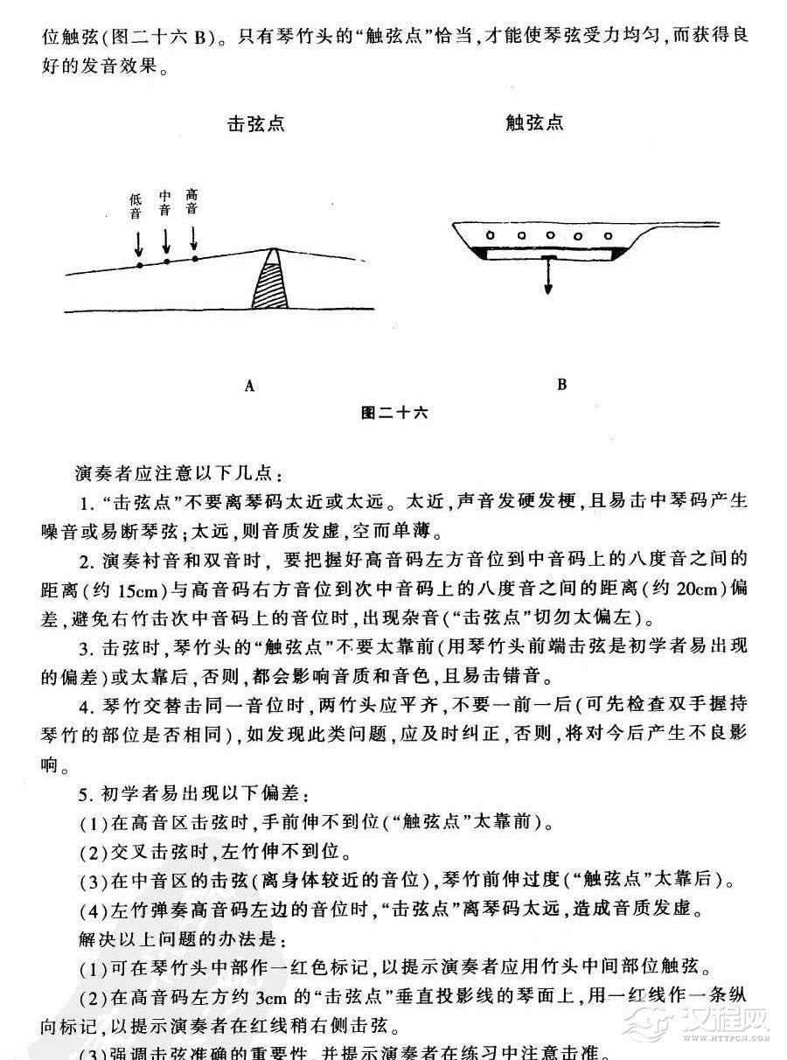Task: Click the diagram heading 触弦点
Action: [534, 122]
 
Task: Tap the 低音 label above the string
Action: [136, 206]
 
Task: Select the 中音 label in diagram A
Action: [165, 202]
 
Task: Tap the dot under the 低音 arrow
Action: [138, 264]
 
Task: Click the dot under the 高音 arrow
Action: [194, 258]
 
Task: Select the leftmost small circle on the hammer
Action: [491, 234]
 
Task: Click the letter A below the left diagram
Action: [249, 386]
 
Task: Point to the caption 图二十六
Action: [394, 412]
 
